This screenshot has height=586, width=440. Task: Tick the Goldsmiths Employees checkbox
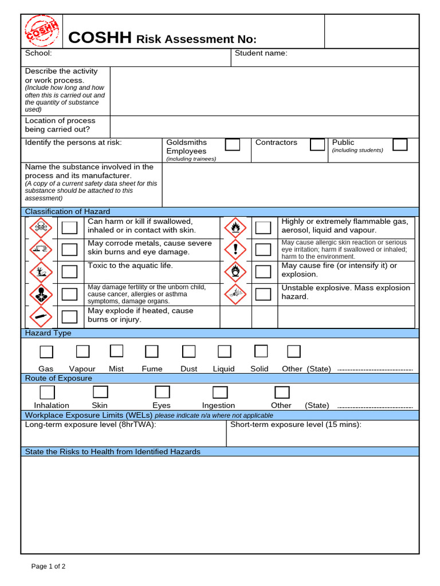click(233, 144)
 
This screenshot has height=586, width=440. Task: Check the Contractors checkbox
click(317, 144)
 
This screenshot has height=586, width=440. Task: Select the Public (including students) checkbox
click(400, 144)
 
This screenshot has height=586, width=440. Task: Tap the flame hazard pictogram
click(235, 228)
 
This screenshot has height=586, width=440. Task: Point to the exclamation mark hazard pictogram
click(235, 250)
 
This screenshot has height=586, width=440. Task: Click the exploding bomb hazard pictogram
click(235, 294)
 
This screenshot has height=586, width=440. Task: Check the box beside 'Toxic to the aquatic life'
click(69, 271)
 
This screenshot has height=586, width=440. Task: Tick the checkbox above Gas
click(46, 351)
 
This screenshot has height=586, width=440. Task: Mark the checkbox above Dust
click(188, 351)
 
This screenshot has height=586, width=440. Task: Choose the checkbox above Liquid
click(225, 351)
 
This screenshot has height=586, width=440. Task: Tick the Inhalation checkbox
click(48, 392)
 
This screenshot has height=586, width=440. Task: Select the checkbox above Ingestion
click(220, 392)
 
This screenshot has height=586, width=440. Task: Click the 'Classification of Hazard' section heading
click(68, 212)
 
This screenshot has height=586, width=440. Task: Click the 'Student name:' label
click(261, 53)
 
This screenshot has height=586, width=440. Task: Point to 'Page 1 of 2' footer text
click(48, 567)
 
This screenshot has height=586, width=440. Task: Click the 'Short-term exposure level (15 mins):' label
click(296, 425)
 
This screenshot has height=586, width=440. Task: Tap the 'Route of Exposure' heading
click(58, 378)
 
